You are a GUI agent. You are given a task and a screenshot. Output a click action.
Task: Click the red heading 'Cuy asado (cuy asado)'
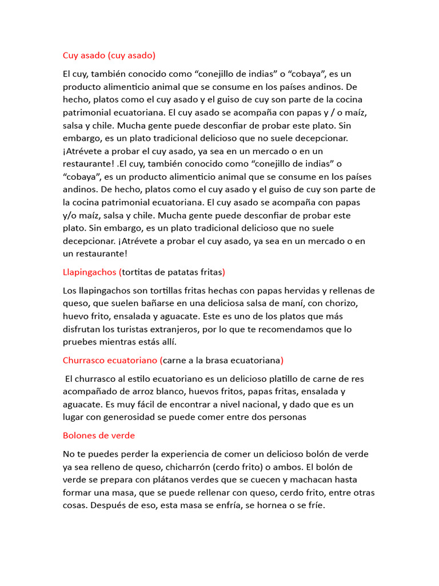pyautogui.click(x=109, y=56)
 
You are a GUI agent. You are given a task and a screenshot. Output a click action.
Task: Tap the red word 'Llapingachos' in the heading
pyautogui.click(x=89, y=272)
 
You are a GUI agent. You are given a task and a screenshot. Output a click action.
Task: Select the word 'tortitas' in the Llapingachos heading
pyautogui.click(x=138, y=272)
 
